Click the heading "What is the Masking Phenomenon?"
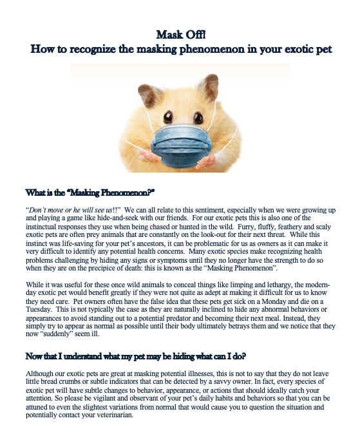coord(91,192)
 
